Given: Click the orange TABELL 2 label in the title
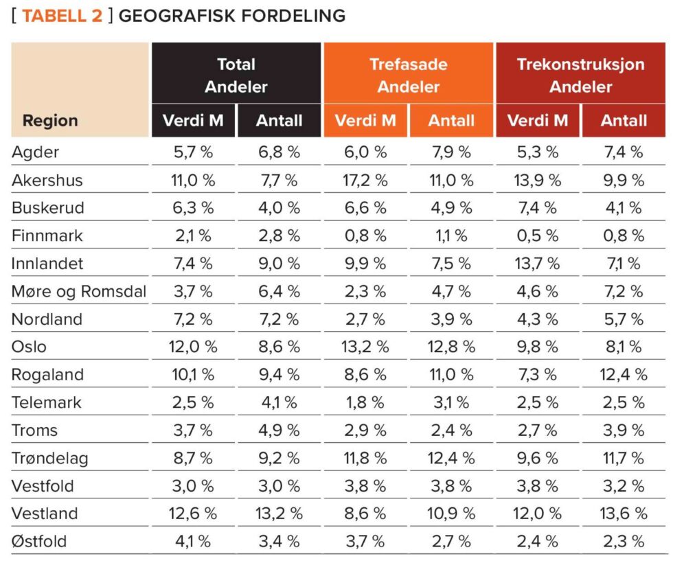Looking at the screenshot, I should [x=62, y=16].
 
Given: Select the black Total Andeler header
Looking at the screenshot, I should [x=236, y=76].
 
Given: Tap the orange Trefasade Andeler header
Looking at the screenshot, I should [x=408, y=76].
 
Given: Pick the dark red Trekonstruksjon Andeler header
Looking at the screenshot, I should [x=580, y=76].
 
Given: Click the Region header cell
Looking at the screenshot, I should [x=50, y=121].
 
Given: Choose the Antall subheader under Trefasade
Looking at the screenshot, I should [x=451, y=121].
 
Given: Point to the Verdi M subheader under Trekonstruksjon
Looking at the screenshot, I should [x=538, y=121].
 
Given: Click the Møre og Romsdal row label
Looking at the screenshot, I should [x=79, y=292].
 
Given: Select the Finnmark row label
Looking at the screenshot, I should [x=47, y=236].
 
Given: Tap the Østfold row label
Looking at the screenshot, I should [x=39, y=542].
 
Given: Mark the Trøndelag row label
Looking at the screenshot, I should [x=49, y=459].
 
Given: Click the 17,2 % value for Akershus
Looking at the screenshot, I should [x=365, y=181].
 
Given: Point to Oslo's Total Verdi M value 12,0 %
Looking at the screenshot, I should [x=192, y=347].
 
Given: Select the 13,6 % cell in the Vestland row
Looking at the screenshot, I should [x=624, y=514].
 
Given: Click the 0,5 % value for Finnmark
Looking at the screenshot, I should [x=538, y=236].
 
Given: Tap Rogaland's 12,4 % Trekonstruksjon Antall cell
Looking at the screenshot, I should [x=624, y=375].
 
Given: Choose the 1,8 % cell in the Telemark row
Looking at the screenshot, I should [x=365, y=403].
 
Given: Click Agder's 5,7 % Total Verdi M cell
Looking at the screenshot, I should [x=192, y=153].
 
